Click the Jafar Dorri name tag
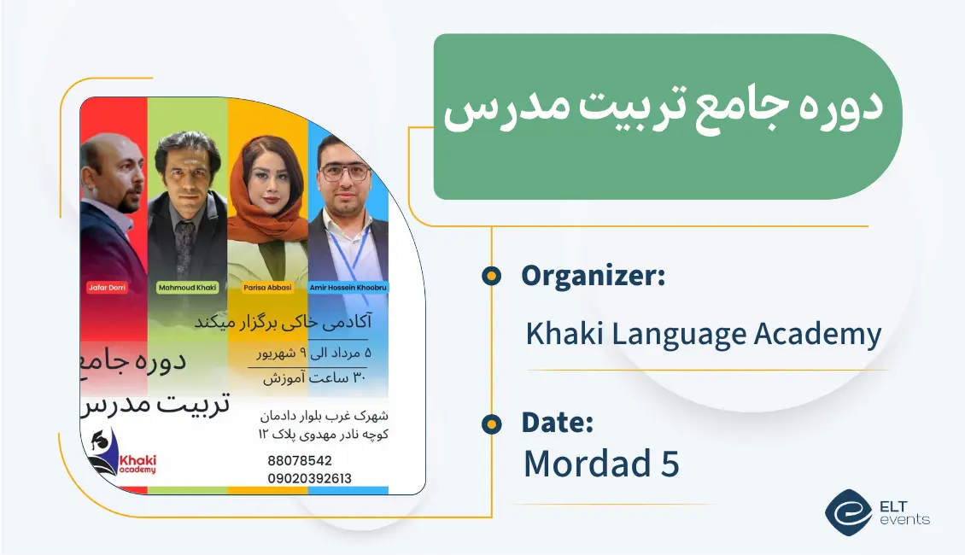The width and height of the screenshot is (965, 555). tap(107, 288)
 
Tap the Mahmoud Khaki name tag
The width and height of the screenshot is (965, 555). tap(188, 288)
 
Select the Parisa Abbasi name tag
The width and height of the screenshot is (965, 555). tap(267, 288)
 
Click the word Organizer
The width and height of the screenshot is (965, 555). tap(593, 276)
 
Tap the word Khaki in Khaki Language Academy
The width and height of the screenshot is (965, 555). tap(561, 334)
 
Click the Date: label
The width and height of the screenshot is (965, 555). tap(557, 423)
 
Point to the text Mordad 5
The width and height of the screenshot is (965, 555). tap(600, 464)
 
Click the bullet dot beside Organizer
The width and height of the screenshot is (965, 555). tap(491, 275)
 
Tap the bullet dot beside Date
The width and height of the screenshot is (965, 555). tap(491, 423)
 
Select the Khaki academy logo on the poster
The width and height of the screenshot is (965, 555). tap(124, 459)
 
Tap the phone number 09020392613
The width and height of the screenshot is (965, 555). tap(309, 478)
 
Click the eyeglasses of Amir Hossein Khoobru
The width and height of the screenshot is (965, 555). tap(347, 172)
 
